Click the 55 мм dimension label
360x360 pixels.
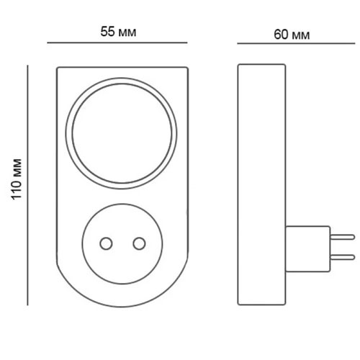(x=118, y=32)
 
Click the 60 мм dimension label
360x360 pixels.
(x=292, y=35)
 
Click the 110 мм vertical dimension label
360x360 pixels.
(x=17, y=179)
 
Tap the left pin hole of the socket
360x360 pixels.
(x=106, y=243)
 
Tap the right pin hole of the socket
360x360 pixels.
(x=140, y=243)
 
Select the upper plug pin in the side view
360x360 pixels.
(x=342, y=237)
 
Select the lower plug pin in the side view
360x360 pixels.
(x=342, y=258)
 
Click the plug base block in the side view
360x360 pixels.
(x=307, y=249)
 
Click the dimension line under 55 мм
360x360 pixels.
(x=117, y=42)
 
